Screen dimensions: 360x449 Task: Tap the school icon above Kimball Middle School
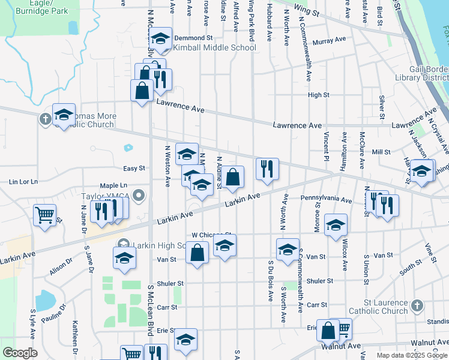tap(160, 40)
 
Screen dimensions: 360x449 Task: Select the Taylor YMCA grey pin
tap(139, 196)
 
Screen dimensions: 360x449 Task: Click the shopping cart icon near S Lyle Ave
tap(44, 215)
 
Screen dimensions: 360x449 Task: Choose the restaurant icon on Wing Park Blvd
tap(267, 169)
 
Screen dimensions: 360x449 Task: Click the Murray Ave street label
tap(329, 41)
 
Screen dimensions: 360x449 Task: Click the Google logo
tap(19, 353)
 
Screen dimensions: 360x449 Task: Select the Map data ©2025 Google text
tap(411, 355)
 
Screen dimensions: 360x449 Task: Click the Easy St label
tap(135, 169)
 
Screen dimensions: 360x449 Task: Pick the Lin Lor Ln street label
tap(23, 181)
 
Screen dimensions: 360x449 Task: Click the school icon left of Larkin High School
tap(124, 258)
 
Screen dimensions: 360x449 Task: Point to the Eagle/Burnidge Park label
tap(41, 8)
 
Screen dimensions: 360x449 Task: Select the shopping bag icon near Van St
tap(196, 253)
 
